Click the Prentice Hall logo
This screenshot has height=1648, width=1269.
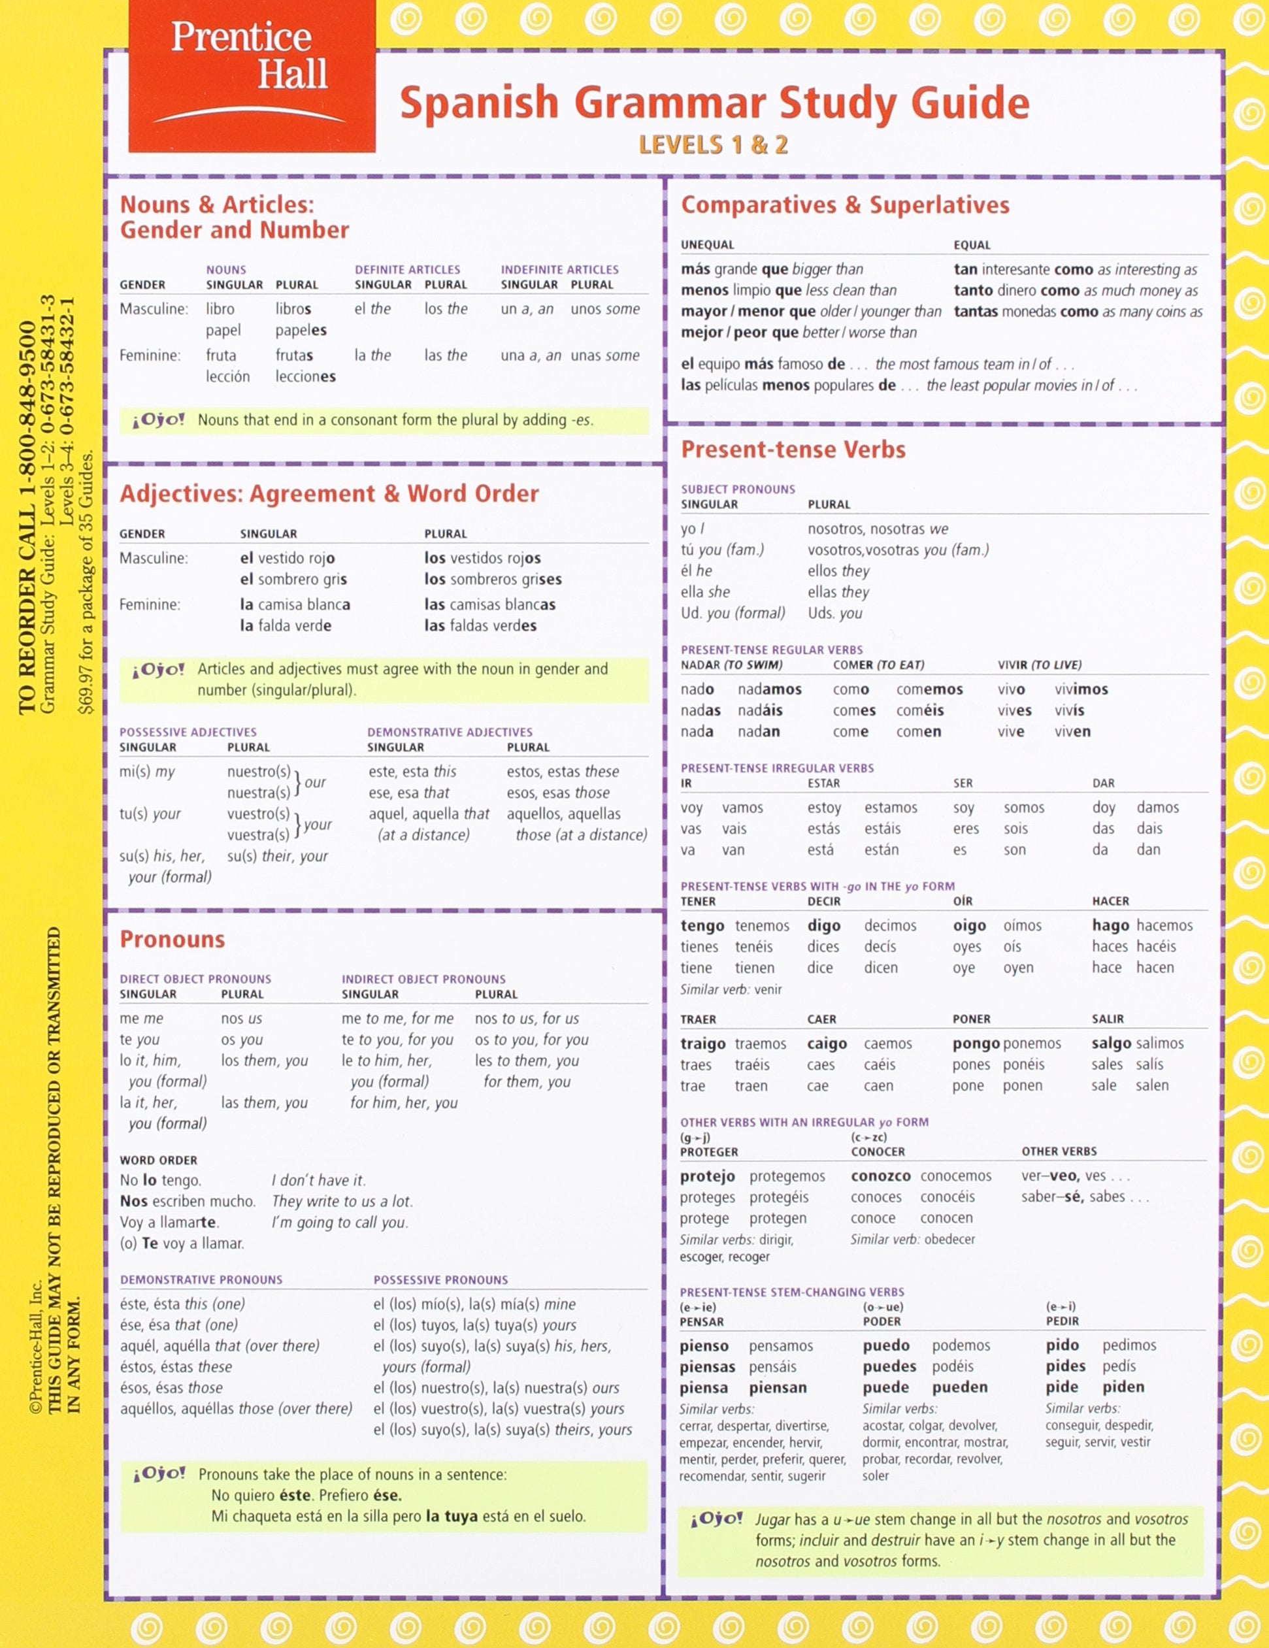[251, 75]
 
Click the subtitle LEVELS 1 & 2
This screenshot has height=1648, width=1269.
[713, 144]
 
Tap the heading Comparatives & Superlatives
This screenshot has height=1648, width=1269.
[845, 205]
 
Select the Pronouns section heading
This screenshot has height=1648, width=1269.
[173, 939]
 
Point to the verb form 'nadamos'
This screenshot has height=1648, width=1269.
[770, 689]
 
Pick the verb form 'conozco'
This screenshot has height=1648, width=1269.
[880, 1176]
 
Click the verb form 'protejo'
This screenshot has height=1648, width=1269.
[708, 1176]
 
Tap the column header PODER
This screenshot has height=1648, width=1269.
[882, 1321]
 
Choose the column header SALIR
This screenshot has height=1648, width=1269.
[1108, 1019]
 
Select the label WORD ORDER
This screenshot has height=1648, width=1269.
[158, 1160]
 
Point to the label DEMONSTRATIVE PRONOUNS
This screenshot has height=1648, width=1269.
[201, 1279]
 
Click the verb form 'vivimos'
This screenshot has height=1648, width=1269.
[1081, 689]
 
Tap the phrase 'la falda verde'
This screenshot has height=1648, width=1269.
[285, 625]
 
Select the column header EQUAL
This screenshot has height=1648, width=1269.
[972, 244]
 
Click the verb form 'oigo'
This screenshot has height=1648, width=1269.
[970, 925]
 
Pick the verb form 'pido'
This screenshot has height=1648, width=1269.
[1063, 1345]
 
